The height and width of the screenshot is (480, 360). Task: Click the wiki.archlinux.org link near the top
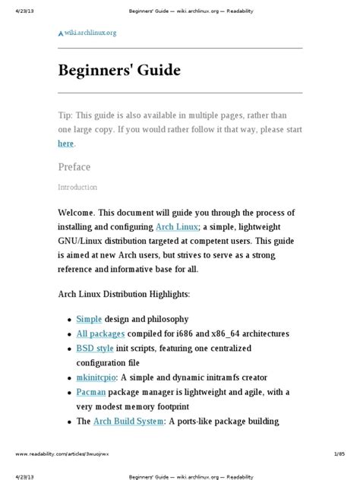90,33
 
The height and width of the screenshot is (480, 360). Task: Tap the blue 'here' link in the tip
66,143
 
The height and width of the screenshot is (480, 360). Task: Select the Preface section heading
74,167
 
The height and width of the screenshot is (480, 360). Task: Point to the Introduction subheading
77,187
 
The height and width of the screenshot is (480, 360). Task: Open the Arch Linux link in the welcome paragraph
177,226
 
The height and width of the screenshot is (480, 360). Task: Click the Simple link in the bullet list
90,319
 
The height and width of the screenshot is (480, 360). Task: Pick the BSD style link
95,348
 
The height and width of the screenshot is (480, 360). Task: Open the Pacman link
91,392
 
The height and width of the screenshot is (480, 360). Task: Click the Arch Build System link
128,421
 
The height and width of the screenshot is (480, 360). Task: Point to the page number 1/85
339,453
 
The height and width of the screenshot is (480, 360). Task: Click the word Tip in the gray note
66,115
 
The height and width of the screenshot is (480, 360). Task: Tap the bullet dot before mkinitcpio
70,377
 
